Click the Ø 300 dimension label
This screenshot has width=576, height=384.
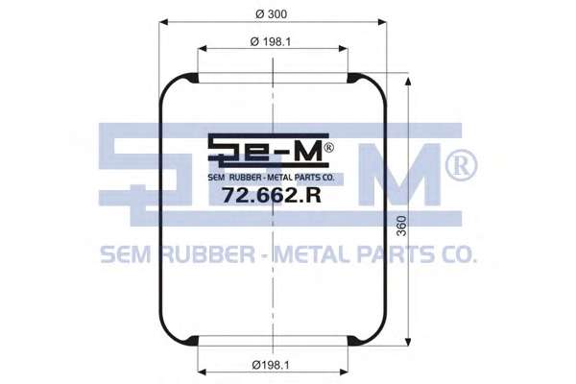tap(271, 14)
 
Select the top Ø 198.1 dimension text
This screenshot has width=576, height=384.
tap(271, 42)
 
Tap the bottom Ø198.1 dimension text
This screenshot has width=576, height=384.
tap(271, 365)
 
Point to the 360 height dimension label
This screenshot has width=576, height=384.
tap(402, 226)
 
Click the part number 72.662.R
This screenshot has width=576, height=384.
tap(272, 195)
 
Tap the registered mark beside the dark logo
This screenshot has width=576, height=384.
tap(328, 147)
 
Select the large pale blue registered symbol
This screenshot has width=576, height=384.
tap(462, 166)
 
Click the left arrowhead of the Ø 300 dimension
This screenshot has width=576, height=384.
tap(164, 22)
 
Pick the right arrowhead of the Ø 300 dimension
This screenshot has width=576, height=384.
tap(382, 22)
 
